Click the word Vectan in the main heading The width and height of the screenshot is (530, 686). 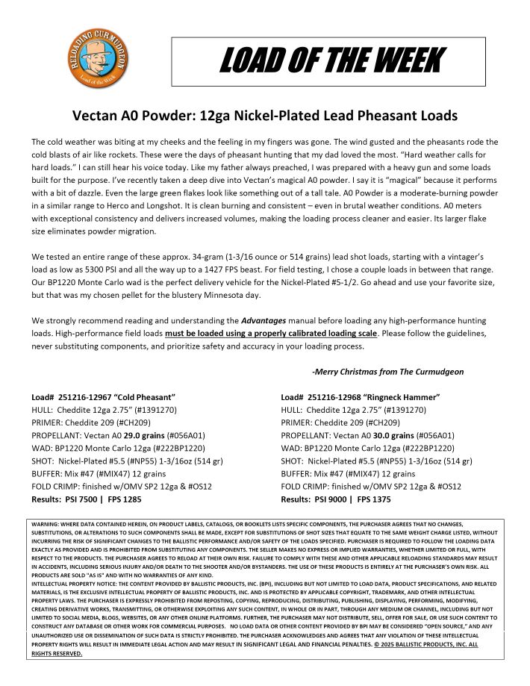pyautogui.click(x=97, y=116)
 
